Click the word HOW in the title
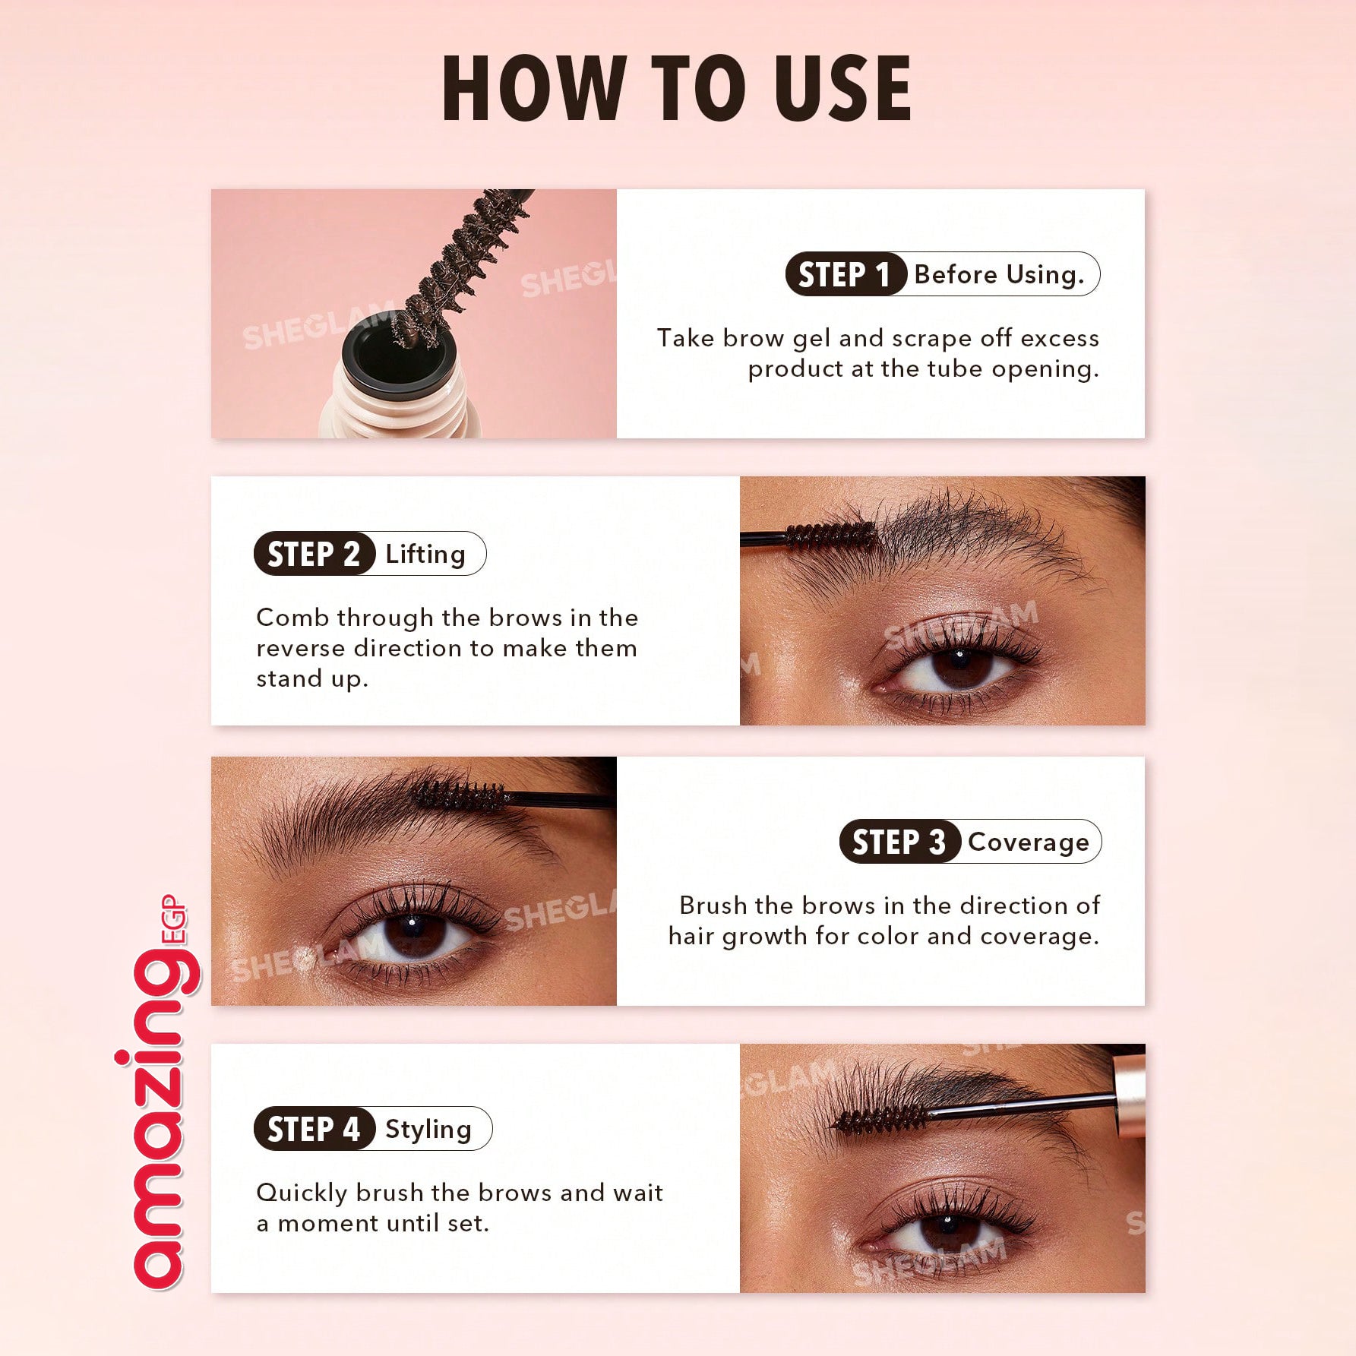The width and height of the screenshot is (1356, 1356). [532, 88]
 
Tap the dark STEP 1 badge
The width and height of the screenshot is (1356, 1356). [846, 274]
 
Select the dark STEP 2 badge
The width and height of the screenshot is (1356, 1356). [315, 554]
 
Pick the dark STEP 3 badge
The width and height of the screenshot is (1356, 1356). [900, 842]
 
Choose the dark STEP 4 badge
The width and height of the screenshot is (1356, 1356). [315, 1129]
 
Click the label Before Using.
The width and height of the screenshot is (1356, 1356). [999, 274]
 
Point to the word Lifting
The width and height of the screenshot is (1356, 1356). [425, 555]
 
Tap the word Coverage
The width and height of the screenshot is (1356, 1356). [1029, 842]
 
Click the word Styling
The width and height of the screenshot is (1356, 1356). [428, 1130]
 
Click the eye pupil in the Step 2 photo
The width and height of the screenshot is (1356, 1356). [959, 664]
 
